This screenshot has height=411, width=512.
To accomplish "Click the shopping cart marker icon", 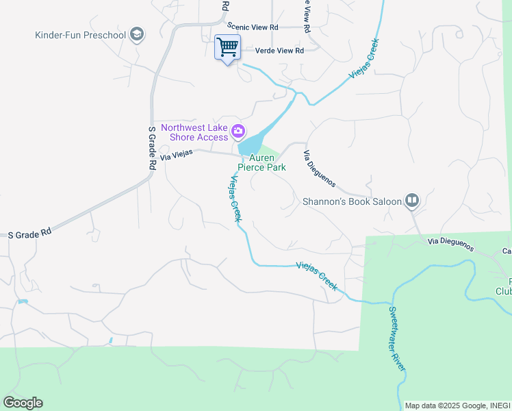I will (227, 47).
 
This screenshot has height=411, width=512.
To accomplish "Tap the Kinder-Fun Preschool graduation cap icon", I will (138, 34).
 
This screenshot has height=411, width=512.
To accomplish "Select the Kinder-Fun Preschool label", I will (81, 35).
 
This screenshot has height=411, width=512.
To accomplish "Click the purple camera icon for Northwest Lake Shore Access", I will (238, 130).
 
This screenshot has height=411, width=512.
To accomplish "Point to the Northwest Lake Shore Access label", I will (194, 132).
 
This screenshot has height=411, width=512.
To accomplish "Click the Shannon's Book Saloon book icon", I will (411, 201).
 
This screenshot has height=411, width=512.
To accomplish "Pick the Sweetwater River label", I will (397, 338).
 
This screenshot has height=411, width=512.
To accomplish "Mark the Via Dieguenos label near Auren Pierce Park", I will (319, 169).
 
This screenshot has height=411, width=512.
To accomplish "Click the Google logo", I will (23, 402).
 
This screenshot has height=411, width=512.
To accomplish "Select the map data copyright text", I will (457, 406).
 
